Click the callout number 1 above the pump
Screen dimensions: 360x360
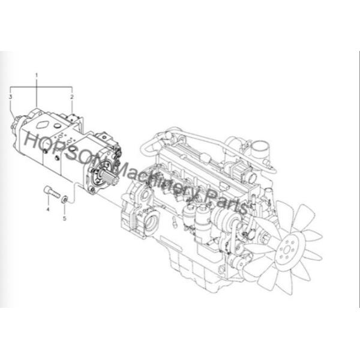point(36,75)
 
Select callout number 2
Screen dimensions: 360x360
point(72,96)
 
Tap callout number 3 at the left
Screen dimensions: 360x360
point(11,96)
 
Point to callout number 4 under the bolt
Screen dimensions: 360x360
point(47,209)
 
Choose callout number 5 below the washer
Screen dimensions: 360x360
point(65,218)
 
